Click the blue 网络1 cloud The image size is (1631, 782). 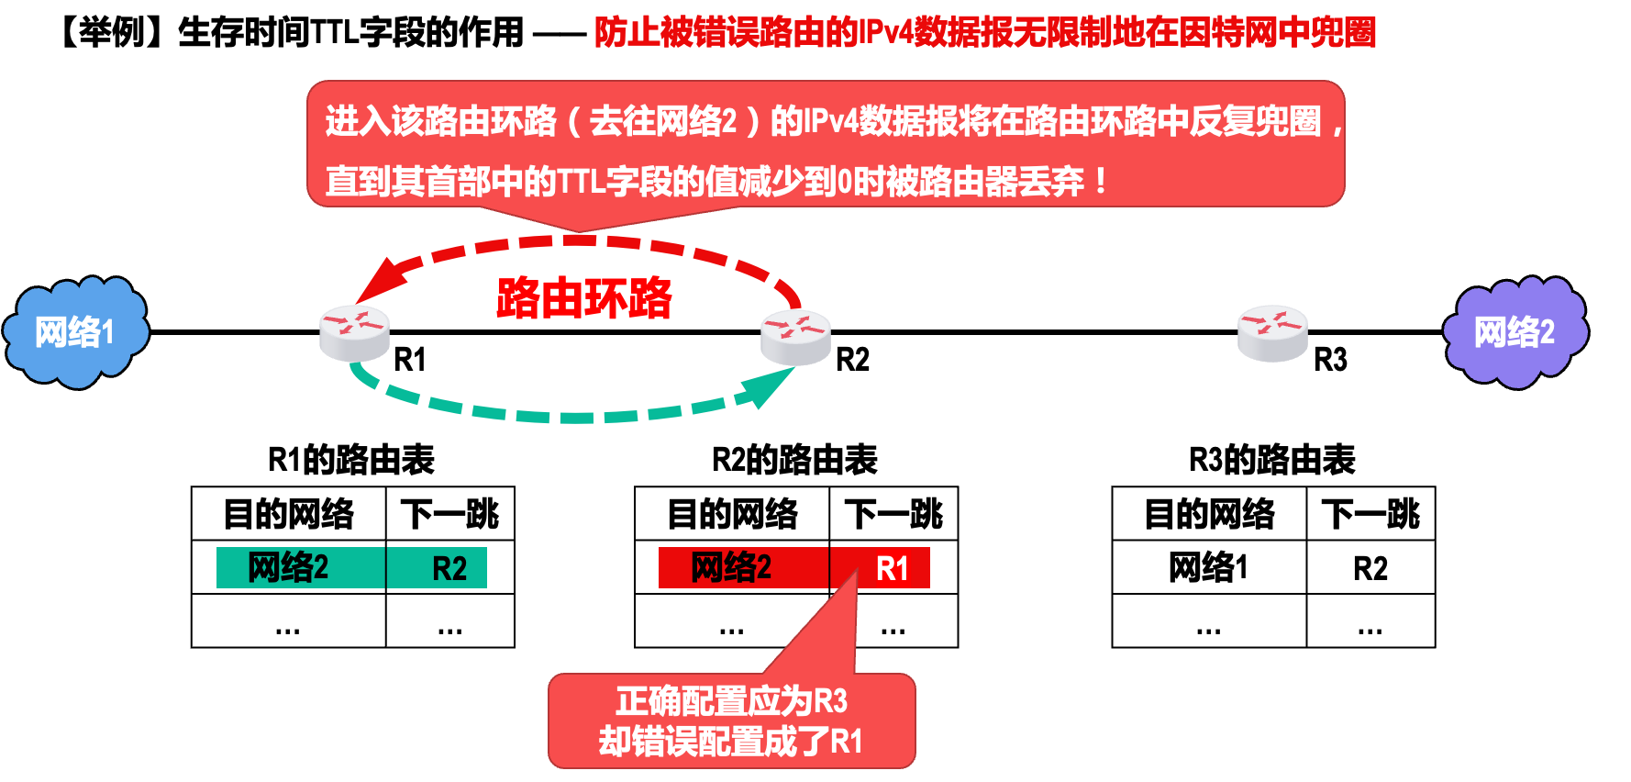pyautogui.click(x=75, y=332)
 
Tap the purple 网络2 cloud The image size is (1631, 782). pyautogui.click(x=1514, y=332)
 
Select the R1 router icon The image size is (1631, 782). pyautogui.click(x=355, y=332)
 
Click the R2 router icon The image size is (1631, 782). pyautogui.click(x=795, y=336)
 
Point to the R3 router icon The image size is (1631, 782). pyautogui.click(x=1272, y=332)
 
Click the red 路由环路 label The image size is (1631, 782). pyautogui.click(x=584, y=298)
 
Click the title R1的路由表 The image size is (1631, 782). pyautogui.click(x=351, y=460)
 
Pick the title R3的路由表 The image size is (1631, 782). pyautogui.click(x=1272, y=460)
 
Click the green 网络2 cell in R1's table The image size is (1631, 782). pyautogui.click(x=288, y=568)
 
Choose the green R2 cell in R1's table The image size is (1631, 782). pyautogui.click(x=449, y=568)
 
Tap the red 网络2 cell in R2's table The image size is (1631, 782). pyautogui.click(x=731, y=568)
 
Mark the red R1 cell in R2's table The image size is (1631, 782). pyautogui.click(x=892, y=568)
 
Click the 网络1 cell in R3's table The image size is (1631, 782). pyautogui.click(x=1208, y=568)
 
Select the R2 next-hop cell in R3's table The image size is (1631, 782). pyautogui.click(x=1370, y=568)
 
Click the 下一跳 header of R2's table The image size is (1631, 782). pyautogui.click(x=893, y=514)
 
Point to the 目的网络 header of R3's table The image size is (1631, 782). pyautogui.click(x=1209, y=514)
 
